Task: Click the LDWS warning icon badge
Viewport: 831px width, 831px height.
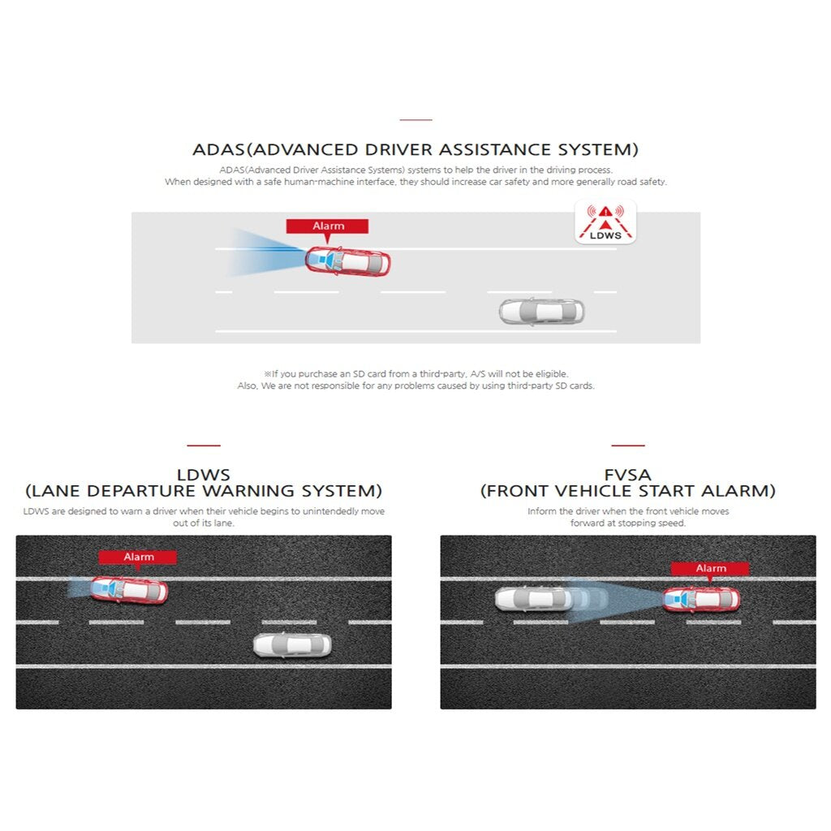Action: (605, 222)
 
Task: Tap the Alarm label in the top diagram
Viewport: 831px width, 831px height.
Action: (328, 226)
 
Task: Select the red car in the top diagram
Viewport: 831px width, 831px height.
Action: (347, 261)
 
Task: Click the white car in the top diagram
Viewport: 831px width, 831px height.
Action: (541, 311)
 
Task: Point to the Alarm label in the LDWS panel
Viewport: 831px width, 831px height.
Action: (138, 557)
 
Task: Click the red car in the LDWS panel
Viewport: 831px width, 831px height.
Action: (129, 590)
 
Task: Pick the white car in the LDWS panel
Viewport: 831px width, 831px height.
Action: (292, 645)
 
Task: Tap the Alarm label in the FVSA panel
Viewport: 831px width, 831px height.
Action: (710, 568)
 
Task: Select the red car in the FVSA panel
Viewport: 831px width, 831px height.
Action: (701, 600)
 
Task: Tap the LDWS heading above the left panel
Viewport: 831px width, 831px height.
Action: (204, 474)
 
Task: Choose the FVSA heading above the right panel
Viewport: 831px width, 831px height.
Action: (628, 474)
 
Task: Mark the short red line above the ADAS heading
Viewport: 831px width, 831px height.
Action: (416, 120)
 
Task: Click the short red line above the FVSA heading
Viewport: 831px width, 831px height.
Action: (628, 446)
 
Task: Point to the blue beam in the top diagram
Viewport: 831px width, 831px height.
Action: (265, 253)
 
